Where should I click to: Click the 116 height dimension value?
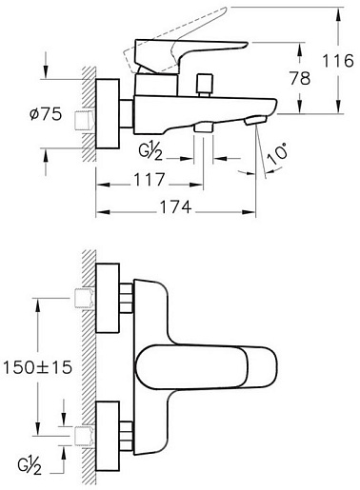tap(338, 60)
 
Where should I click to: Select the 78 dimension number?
tap(300, 78)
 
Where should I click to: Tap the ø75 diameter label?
tap(46, 114)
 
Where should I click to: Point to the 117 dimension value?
tap(150, 180)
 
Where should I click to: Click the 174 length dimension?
tap(175, 207)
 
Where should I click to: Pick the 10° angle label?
tap(277, 153)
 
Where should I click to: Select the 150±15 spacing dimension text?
tap(37, 367)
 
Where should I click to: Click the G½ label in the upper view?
tap(150, 152)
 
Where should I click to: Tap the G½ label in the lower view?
tap(30, 466)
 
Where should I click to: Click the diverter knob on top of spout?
tap(205, 85)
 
